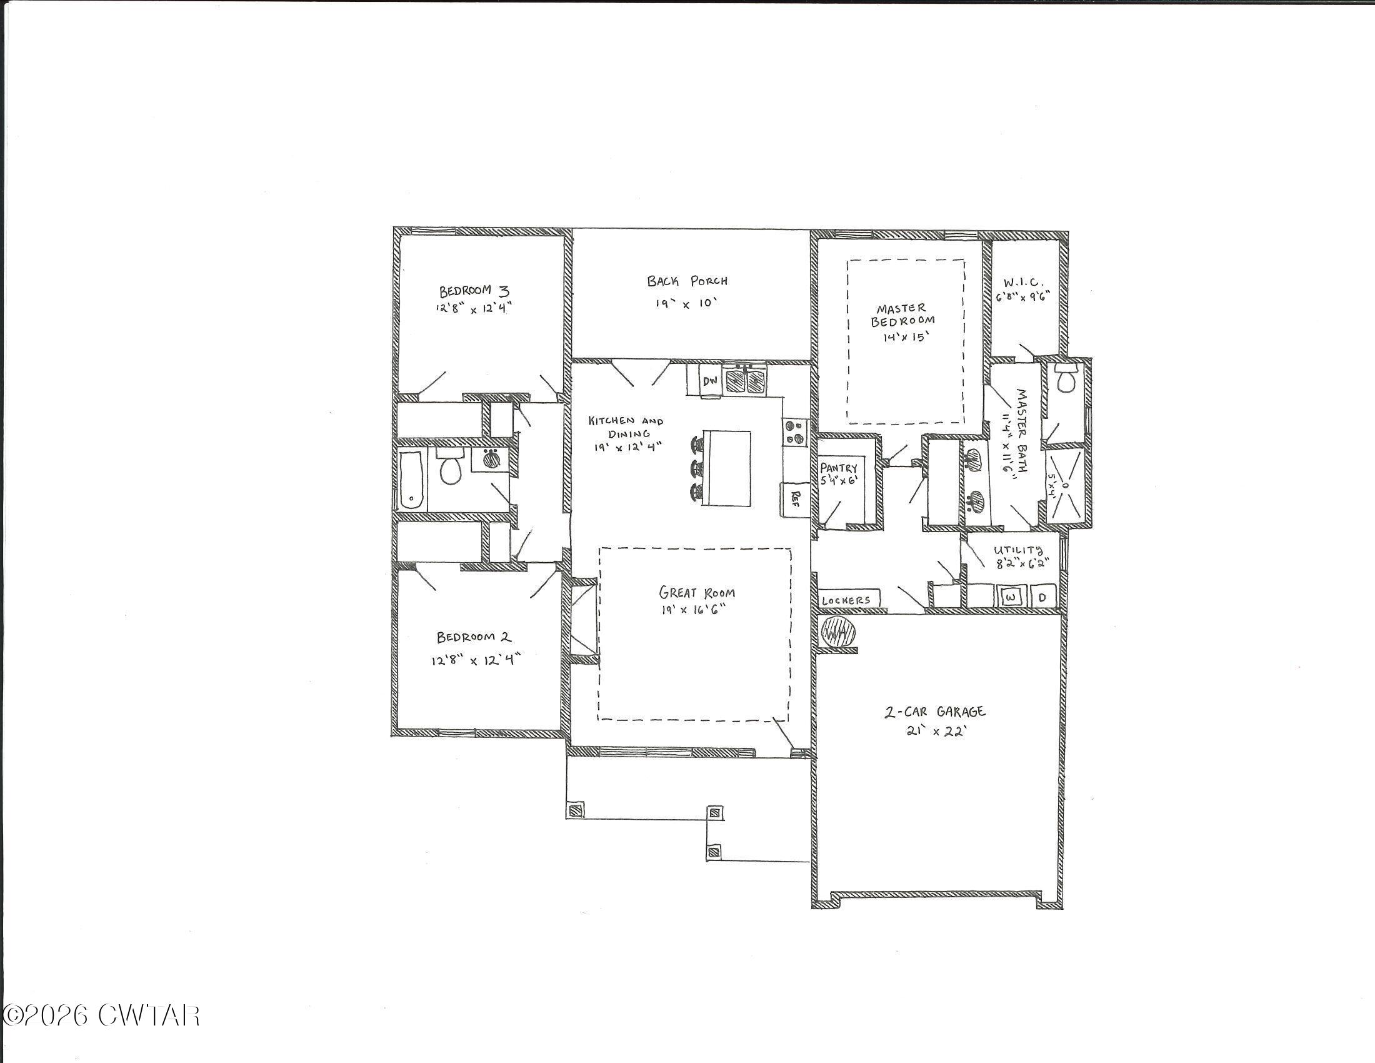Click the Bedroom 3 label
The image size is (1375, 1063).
point(474,291)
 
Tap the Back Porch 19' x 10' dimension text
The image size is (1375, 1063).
point(686,303)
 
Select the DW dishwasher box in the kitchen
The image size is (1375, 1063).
point(710,380)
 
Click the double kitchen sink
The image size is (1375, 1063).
point(746,380)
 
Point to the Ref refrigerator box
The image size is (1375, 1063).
point(794,499)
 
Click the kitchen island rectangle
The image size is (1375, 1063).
point(726,468)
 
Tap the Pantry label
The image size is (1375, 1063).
point(839,468)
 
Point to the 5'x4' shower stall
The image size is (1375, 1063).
point(1064,485)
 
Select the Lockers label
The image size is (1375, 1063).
point(847,600)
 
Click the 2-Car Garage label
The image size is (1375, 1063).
point(935,712)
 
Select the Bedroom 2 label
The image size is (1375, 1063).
point(474,637)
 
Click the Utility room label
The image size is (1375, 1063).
point(1018,550)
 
